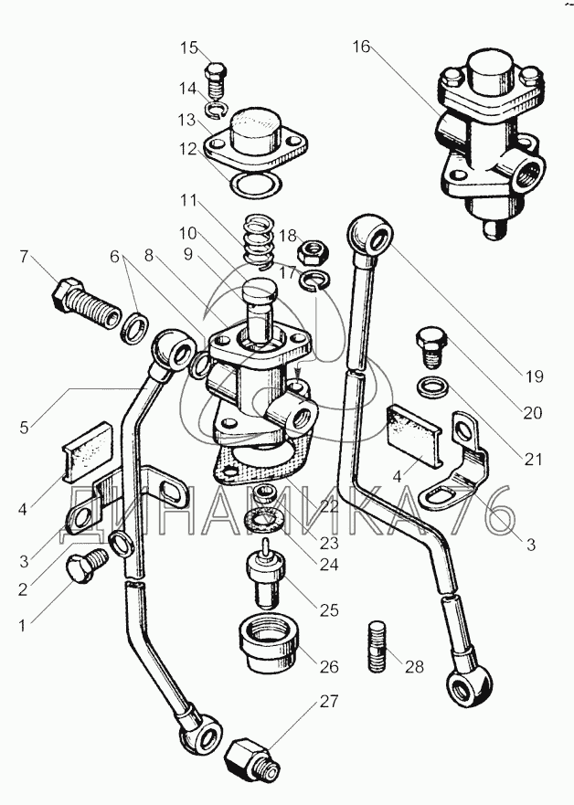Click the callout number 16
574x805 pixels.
pos(361,47)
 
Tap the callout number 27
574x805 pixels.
pos(329,702)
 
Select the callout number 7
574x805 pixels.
pos(25,256)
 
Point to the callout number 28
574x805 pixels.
pos(414,666)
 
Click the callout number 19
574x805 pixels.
pos(535,376)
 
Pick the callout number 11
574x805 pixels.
pos(188,200)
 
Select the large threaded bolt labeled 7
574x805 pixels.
pos(86,305)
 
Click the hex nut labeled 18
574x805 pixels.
pos(314,251)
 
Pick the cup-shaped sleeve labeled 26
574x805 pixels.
pos(269,645)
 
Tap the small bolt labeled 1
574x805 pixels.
pos(86,566)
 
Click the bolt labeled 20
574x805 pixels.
pos(431,348)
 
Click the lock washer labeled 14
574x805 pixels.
pos(217,110)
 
